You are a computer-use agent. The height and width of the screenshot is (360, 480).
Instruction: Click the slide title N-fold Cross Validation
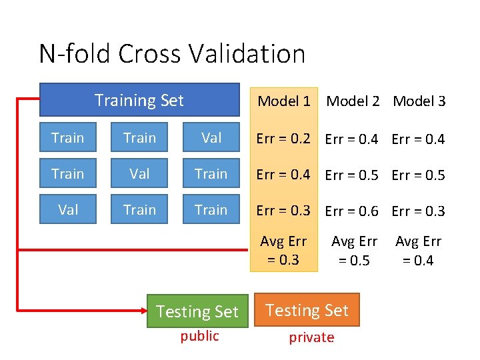pos(172,53)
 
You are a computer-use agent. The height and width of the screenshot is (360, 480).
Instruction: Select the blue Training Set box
pos(139,100)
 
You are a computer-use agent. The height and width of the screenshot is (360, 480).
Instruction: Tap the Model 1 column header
pos(284,101)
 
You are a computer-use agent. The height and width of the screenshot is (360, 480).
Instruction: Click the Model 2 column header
pos(353,101)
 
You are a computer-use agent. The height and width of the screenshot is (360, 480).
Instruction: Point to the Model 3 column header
pos(419,101)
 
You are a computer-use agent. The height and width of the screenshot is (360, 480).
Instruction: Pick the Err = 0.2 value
pos(283,139)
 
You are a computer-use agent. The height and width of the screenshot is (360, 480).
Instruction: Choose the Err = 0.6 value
pos(351,211)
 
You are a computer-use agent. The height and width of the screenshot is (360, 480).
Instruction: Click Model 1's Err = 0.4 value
pos(283,175)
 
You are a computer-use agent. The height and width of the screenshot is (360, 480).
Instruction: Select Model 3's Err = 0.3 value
pos(418,211)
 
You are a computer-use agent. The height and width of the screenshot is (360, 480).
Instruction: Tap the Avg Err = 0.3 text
pos(283,251)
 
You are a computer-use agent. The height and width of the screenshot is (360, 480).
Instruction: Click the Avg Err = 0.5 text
pos(354,251)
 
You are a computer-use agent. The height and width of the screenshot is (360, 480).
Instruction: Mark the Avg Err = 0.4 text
pos(418,251)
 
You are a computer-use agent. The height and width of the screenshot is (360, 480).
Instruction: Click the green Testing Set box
pos(197,311)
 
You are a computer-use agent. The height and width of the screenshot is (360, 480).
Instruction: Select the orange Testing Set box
pos(307,310)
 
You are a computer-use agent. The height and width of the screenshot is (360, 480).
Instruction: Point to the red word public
pos(199,336)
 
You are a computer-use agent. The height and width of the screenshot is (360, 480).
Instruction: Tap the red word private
pos(311,337)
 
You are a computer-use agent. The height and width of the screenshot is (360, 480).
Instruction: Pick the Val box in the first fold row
pos(211,138)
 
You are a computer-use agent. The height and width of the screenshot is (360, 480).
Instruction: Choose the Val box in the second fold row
pos(139,174)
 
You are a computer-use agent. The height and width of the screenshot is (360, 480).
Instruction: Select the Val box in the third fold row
pos(68,210)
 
